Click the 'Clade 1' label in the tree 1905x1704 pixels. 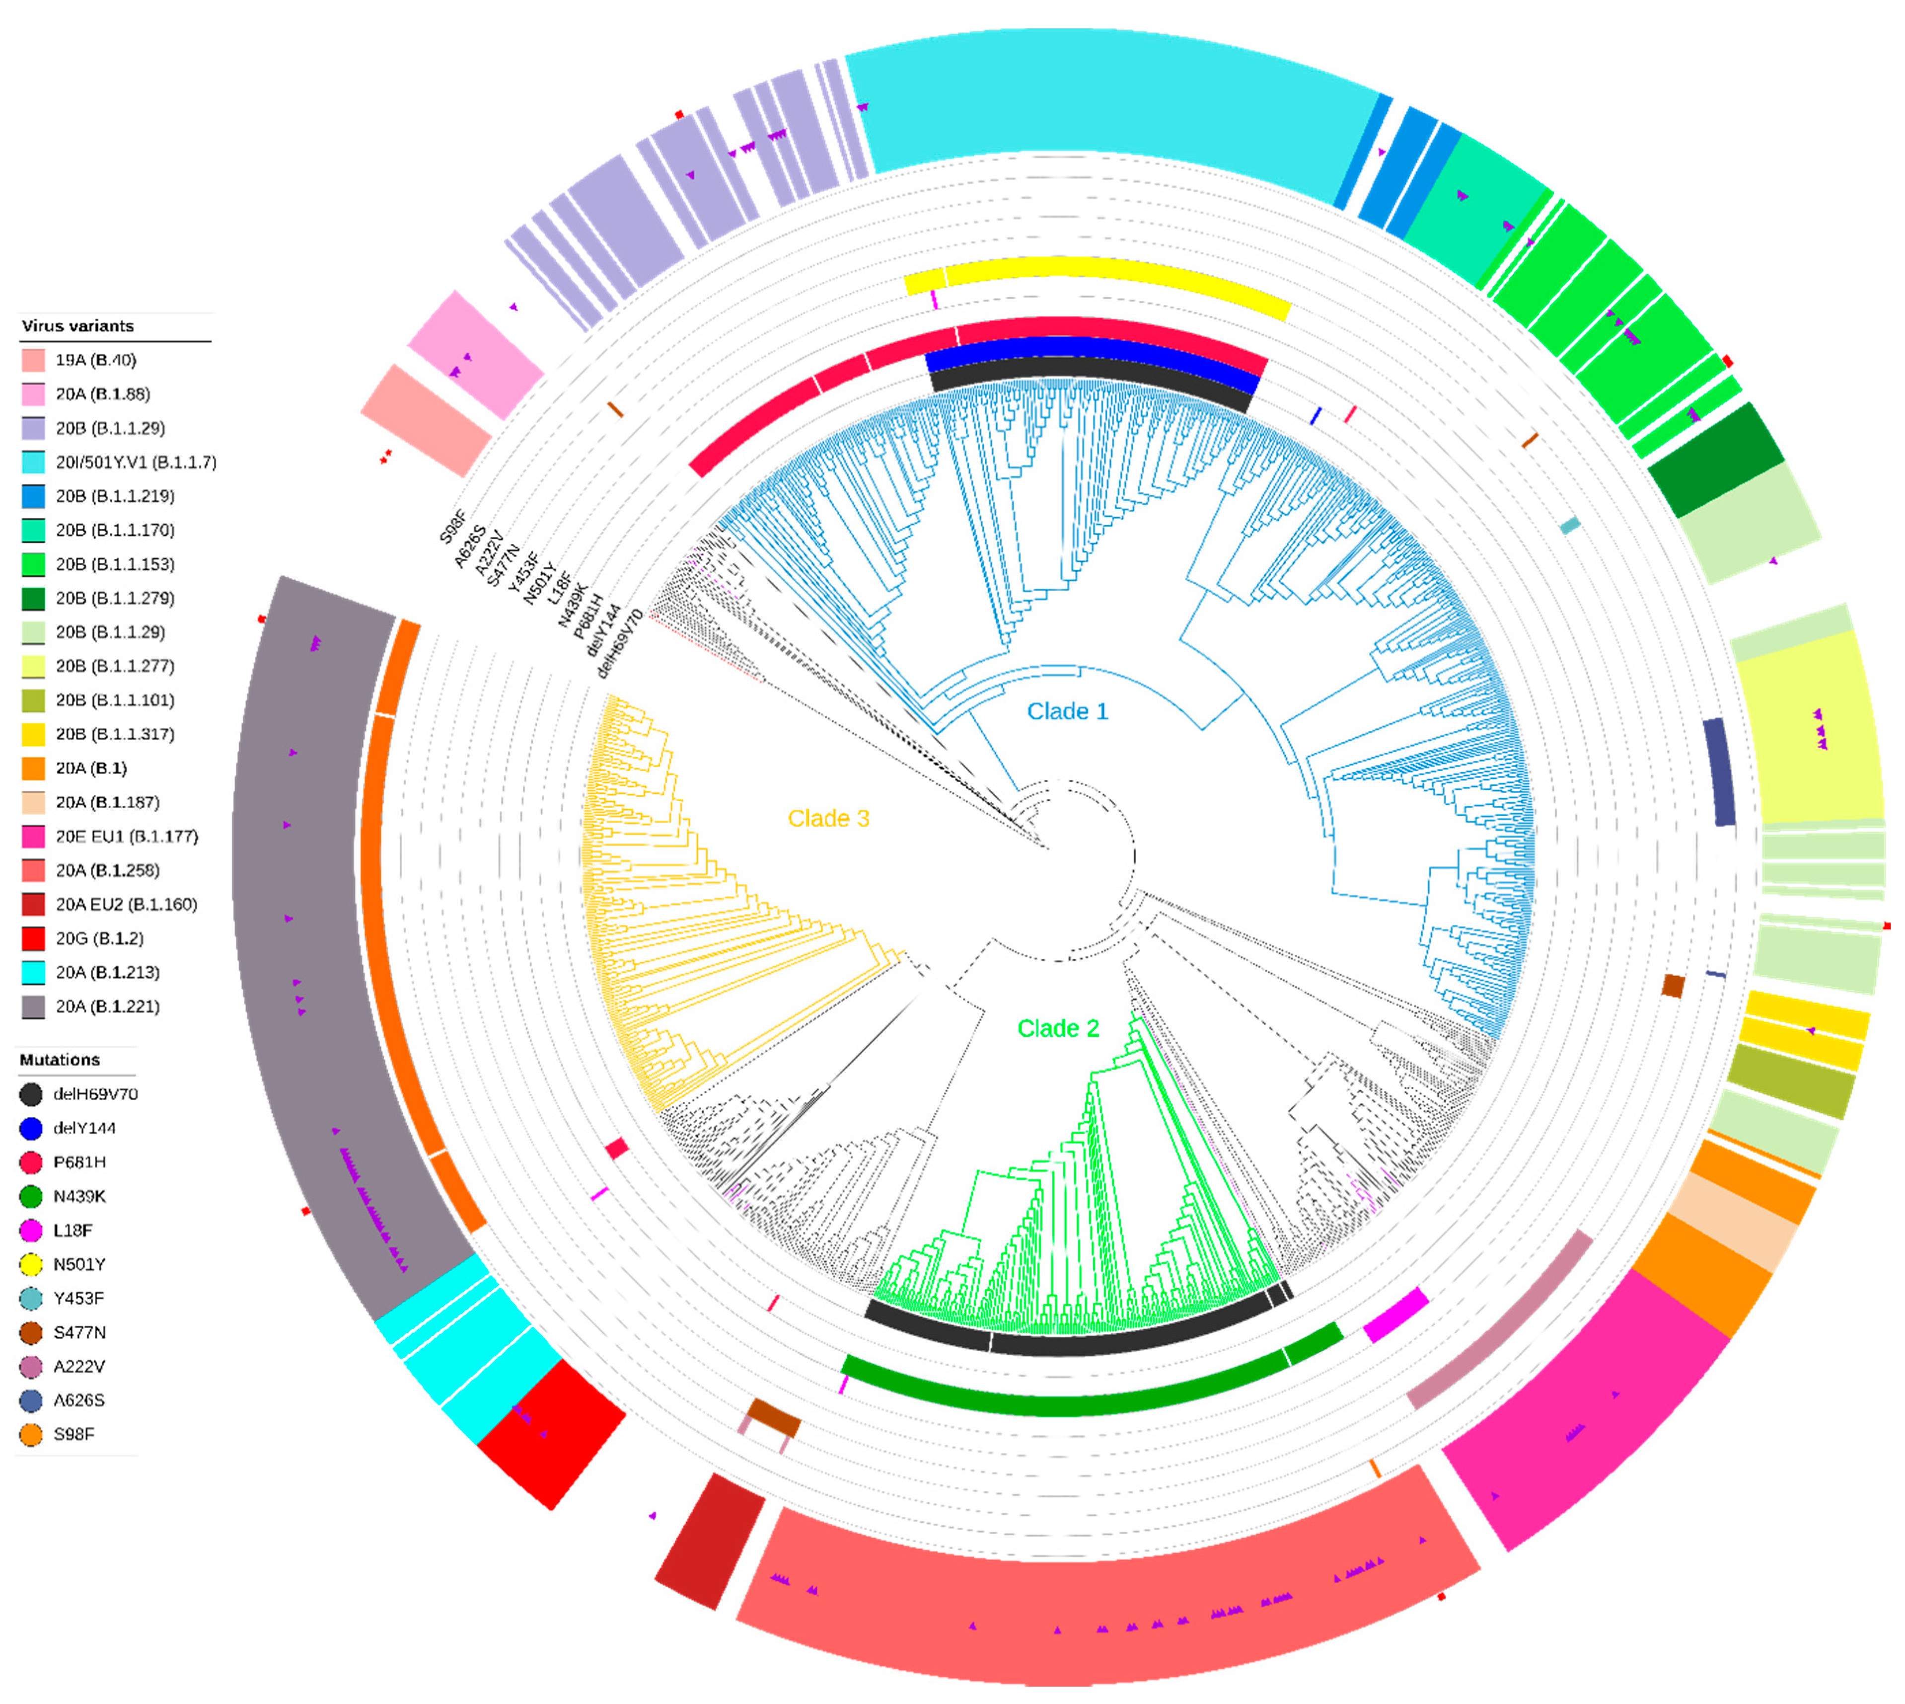[x=1067, y=711]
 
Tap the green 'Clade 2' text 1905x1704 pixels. [x=1058, y=1028]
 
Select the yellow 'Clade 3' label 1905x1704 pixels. [x=828, y=818]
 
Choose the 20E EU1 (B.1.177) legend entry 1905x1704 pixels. [x=126, y=836]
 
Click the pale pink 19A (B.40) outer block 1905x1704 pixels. [x=426, y=419]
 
